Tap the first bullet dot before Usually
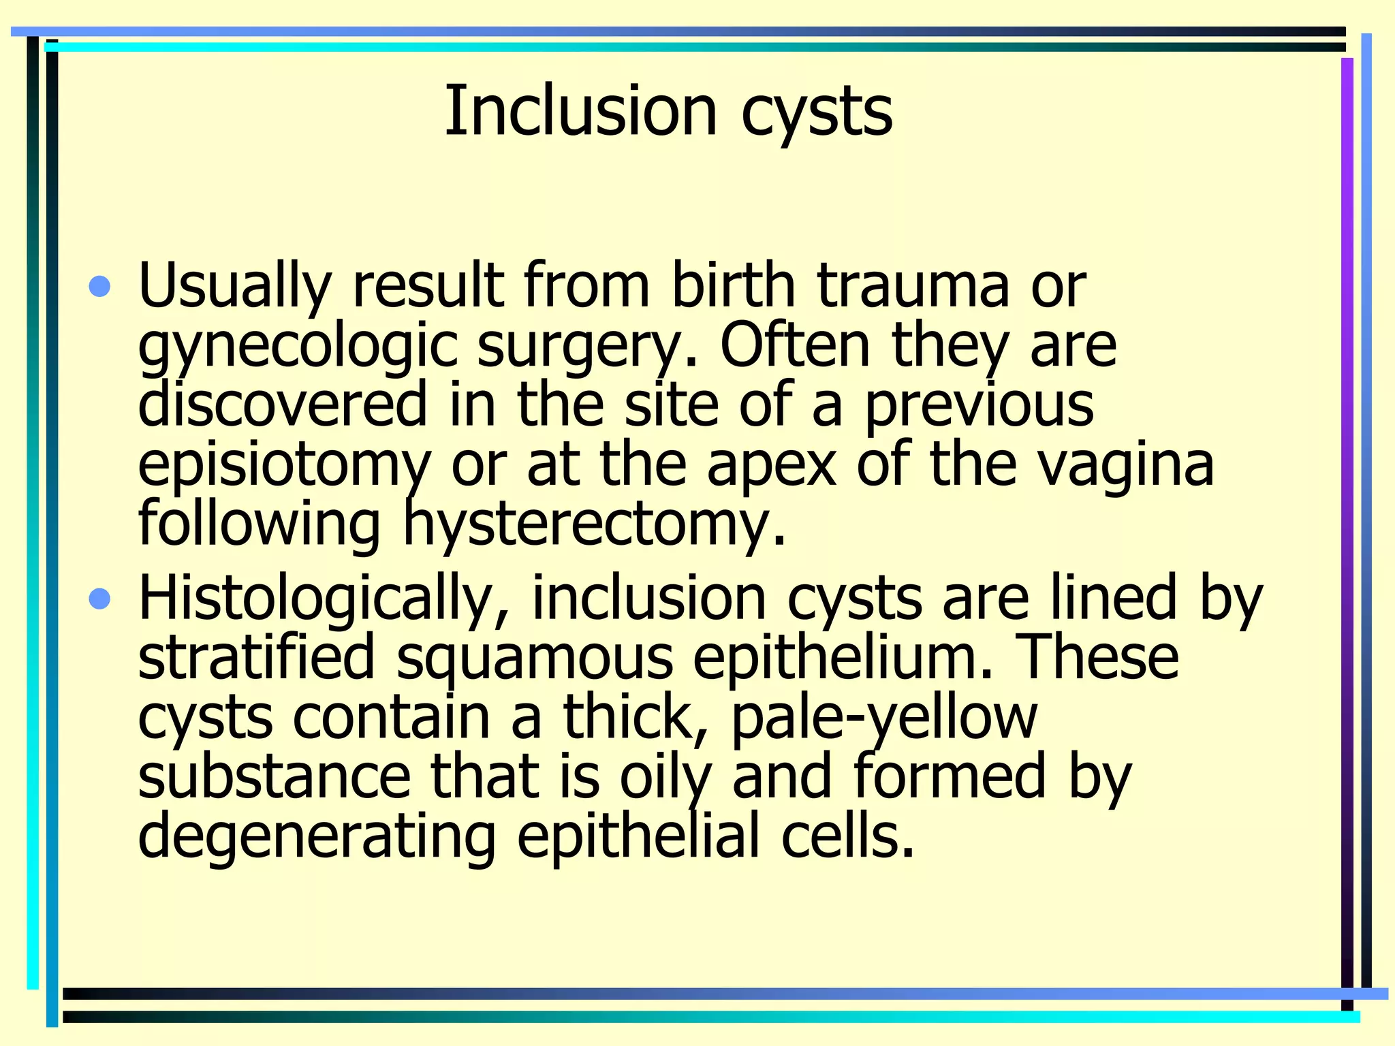pos(99,286)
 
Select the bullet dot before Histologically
pos(99,599)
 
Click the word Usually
pos(234,286)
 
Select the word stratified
pos(257,656)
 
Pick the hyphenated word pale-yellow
pos(884,717)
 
